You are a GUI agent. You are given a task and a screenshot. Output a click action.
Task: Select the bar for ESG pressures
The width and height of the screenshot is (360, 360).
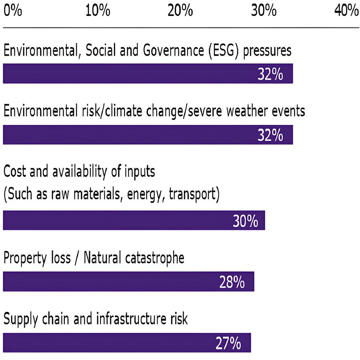pyautogui.click(x=148, y=74)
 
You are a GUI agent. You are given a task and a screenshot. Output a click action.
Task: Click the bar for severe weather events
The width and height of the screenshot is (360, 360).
pyautogui.click(x=148, y=135)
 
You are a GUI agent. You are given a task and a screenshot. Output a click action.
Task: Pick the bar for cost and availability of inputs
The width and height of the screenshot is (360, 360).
pyautogui.click(x=134, y=220)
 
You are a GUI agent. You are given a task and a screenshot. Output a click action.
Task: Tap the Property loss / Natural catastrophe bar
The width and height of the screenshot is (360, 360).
pyautogui.click(x=128, y=282)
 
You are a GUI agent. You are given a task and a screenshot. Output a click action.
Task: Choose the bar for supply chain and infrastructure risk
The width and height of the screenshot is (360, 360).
pyautogui.click(x=126, y=343)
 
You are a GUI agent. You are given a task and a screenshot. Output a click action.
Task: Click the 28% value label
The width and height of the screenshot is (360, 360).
pyautogui.click(x=232, y=282)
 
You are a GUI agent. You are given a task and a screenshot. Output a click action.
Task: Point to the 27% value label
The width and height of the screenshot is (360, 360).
pyautogui.click(x=228, y=343)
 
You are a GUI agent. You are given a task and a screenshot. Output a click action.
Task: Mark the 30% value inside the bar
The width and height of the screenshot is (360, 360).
pyautogui.click(x=245, y=221)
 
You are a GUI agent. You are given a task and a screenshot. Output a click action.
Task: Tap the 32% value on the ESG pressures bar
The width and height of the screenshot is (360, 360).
pyautogui.click(x=270, y=74)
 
